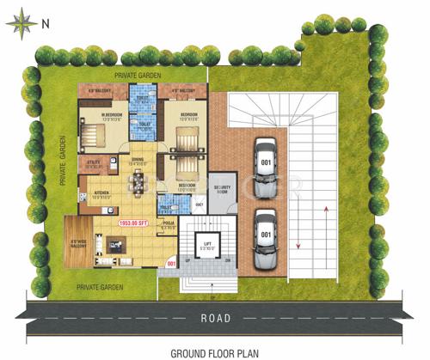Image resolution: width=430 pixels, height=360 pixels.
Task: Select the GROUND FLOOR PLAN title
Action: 213,352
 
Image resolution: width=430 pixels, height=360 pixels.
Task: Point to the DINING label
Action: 138,160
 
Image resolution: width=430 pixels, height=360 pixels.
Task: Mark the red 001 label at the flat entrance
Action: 171,263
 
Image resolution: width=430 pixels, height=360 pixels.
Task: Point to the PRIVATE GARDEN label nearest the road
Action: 99,286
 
